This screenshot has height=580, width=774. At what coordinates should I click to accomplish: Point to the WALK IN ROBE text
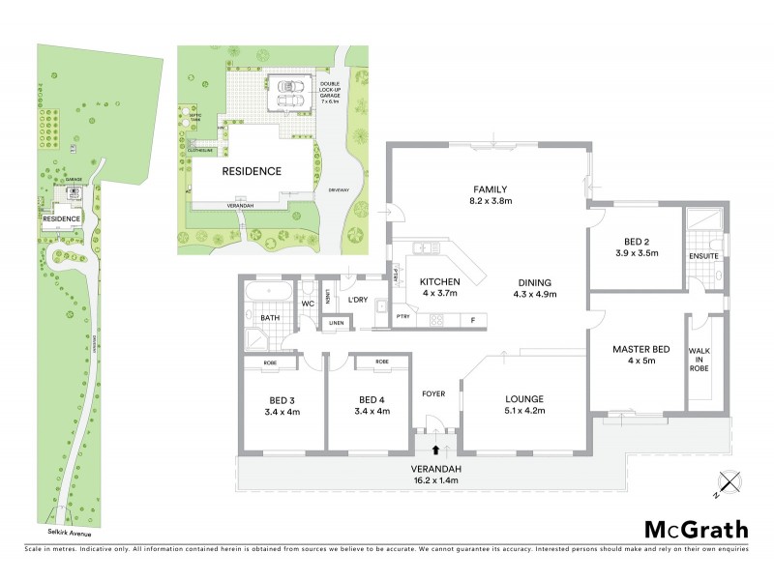(700, 360)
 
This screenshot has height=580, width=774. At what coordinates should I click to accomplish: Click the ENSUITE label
(703, 256)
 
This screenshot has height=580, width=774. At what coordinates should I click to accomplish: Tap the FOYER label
(432, 394)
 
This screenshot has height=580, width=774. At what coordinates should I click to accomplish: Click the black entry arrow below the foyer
(435, 449)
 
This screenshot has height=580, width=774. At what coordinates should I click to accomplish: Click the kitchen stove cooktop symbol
(435, 321)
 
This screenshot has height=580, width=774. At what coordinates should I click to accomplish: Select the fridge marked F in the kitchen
(472, 320)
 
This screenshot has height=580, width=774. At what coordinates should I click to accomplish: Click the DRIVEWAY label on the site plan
(338, 190)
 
